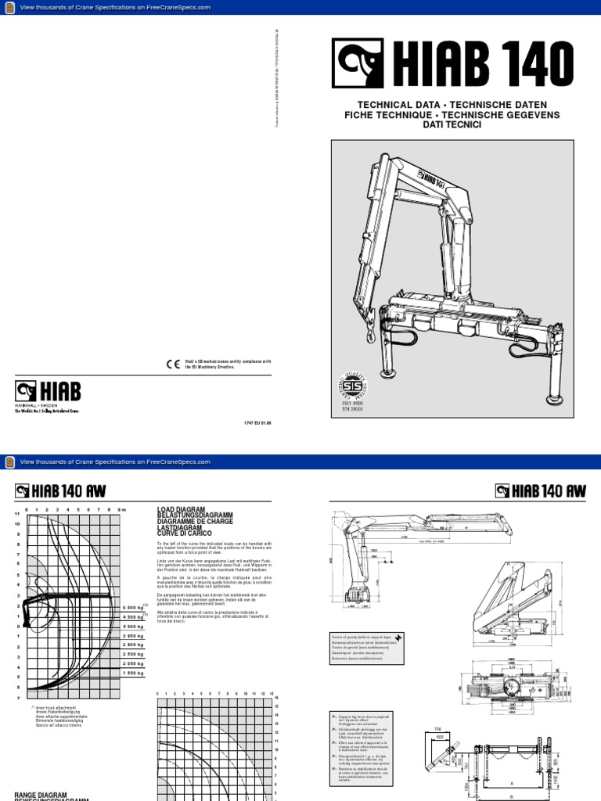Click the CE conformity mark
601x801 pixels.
tap(172, 363)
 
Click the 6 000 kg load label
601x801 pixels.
tap(132, 608)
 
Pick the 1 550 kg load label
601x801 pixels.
tap(132, 673)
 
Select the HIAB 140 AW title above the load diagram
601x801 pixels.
tap(61, 490)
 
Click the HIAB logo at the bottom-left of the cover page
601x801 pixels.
tap(47, 392)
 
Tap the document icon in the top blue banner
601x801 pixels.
tap(9, 7)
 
